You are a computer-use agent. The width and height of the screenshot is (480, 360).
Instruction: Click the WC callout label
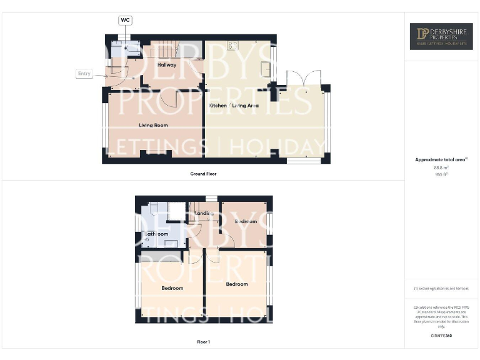tap(125, 21)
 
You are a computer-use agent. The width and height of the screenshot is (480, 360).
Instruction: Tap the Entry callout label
tap(84, 74)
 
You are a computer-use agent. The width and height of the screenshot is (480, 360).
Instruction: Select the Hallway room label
tap(167, 65)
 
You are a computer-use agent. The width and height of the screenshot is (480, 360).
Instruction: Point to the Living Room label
tap(153, 125)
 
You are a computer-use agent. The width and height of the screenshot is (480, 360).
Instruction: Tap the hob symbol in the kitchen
tap(233, 45)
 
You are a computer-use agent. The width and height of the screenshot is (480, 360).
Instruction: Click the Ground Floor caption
tap(203, 174)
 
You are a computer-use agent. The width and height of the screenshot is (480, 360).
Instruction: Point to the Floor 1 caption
tap(203, 342)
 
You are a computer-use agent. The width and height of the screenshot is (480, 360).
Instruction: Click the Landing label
tap(204, 214)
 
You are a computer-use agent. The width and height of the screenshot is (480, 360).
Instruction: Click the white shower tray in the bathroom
tap(176, 211)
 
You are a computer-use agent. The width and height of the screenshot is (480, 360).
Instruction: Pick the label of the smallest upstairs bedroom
tap(246, 221)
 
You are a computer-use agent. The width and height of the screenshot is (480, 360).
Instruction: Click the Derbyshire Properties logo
tap(441, 36)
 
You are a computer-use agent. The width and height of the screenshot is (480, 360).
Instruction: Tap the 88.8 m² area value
tap(441, 167)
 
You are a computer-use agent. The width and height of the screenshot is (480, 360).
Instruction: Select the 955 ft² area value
tap(441, 174)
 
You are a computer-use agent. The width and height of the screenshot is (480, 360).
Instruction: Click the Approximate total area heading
tap(441, 160)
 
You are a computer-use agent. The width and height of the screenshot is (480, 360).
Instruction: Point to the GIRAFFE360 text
tap(441, 336)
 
